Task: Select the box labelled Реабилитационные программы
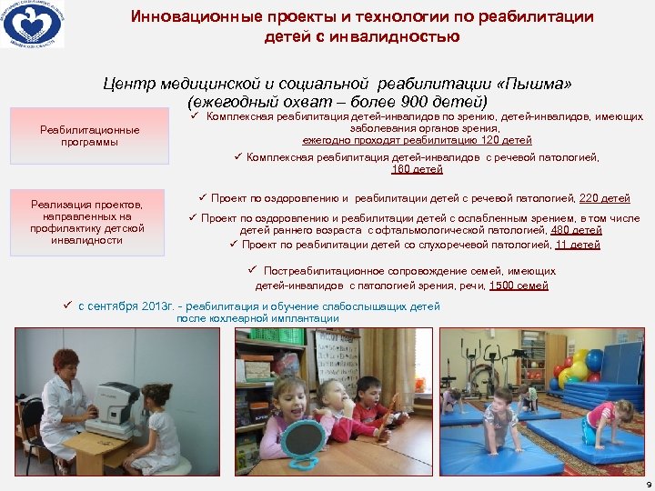pos(89,135)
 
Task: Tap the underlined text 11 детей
pos(577,245)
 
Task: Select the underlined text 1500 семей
pos(519,286)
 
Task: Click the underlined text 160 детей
pos(417,169)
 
